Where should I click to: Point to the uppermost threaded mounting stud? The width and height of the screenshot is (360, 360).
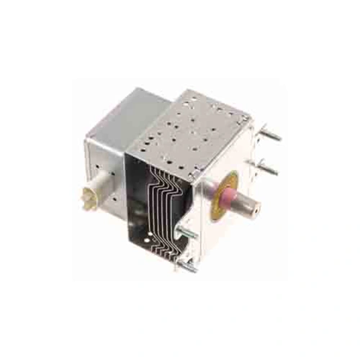coord(272,134)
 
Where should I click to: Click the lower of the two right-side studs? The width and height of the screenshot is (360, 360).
coord(268,168)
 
